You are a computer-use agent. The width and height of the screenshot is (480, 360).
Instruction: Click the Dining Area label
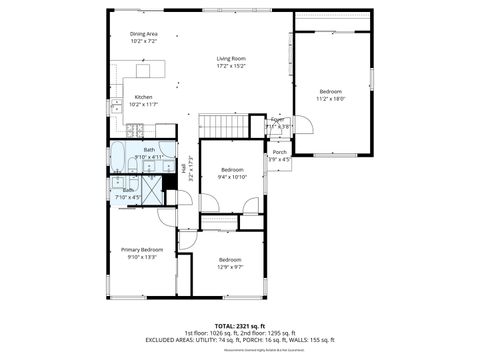tap(143, 34)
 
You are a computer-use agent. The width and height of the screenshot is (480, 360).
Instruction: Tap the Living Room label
tap(231, 59)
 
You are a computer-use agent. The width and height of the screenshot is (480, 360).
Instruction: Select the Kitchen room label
tap(143, 97)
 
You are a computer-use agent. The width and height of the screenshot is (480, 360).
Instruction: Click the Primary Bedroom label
tap(142, 249)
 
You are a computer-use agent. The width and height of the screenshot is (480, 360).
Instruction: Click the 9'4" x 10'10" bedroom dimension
tap(232, 177)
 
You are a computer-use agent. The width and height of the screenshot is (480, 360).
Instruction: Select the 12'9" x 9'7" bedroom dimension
tap(230, 267)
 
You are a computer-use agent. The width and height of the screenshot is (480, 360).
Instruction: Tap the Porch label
tap(279, 152)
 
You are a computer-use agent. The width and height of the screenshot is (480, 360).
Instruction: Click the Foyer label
tap(277, 119)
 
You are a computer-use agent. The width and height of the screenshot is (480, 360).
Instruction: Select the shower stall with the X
tap(150, 189)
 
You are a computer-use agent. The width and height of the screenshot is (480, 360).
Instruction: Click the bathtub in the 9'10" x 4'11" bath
tap(119, 157)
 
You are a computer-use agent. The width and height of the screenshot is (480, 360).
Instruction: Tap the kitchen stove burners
tap(136, 128)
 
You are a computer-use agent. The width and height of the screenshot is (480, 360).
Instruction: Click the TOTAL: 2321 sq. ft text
tap(237, 325)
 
